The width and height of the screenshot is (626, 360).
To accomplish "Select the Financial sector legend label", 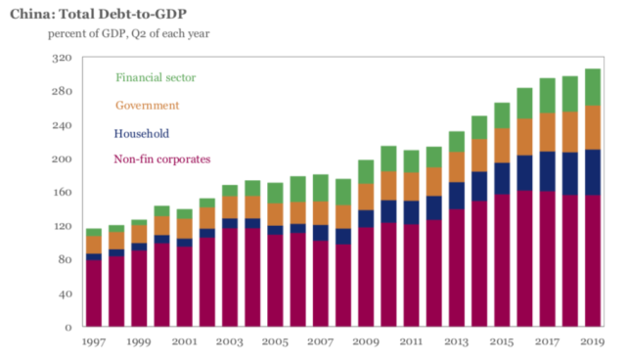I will (x=156, y=77).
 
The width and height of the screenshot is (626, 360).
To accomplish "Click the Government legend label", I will (x=148, y=105).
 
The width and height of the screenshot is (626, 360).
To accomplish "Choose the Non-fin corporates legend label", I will (x=162, y=158).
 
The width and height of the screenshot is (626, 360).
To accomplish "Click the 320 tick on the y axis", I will (x=62, y=58).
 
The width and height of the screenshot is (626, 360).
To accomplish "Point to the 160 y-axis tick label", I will (x=62, y=193).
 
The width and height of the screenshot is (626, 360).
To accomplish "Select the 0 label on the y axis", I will (x=68, y=327).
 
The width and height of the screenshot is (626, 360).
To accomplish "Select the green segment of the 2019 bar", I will (x=593, y=87).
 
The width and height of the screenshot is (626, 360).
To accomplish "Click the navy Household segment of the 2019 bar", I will (x=593, y=172).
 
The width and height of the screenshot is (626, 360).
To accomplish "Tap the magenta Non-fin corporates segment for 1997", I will (x=93, y=292).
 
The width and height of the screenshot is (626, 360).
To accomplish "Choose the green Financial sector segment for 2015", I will (x=502, y=115).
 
